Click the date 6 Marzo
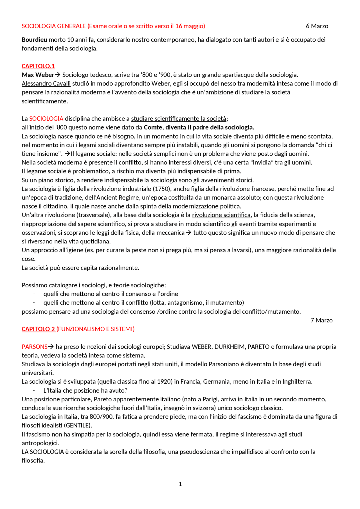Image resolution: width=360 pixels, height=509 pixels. click(317, 26)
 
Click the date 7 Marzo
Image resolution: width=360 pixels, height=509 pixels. click(321, 320)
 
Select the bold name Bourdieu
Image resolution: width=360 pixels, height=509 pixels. click(34, 40)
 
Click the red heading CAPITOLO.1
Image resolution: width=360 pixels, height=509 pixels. click(38, 66)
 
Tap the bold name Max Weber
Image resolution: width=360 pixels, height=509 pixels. click(38, 75)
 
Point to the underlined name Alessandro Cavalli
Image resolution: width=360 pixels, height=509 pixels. click(46, 83)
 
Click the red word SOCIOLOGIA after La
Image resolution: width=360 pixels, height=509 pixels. click(46, 119)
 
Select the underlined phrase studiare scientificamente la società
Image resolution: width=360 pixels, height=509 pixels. click(179, 119)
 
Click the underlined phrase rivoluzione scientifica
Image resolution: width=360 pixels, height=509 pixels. click(221, 215)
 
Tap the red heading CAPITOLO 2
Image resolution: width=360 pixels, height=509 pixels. click(38, 329)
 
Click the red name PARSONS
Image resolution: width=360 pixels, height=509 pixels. click(34, 347)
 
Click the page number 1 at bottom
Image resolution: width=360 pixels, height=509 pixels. click(180, 484)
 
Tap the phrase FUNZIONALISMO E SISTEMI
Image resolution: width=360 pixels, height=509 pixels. click(96, 329)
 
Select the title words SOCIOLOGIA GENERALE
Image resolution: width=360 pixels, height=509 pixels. click(53, 26)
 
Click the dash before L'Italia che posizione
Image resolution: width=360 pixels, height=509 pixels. click(34, 391)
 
